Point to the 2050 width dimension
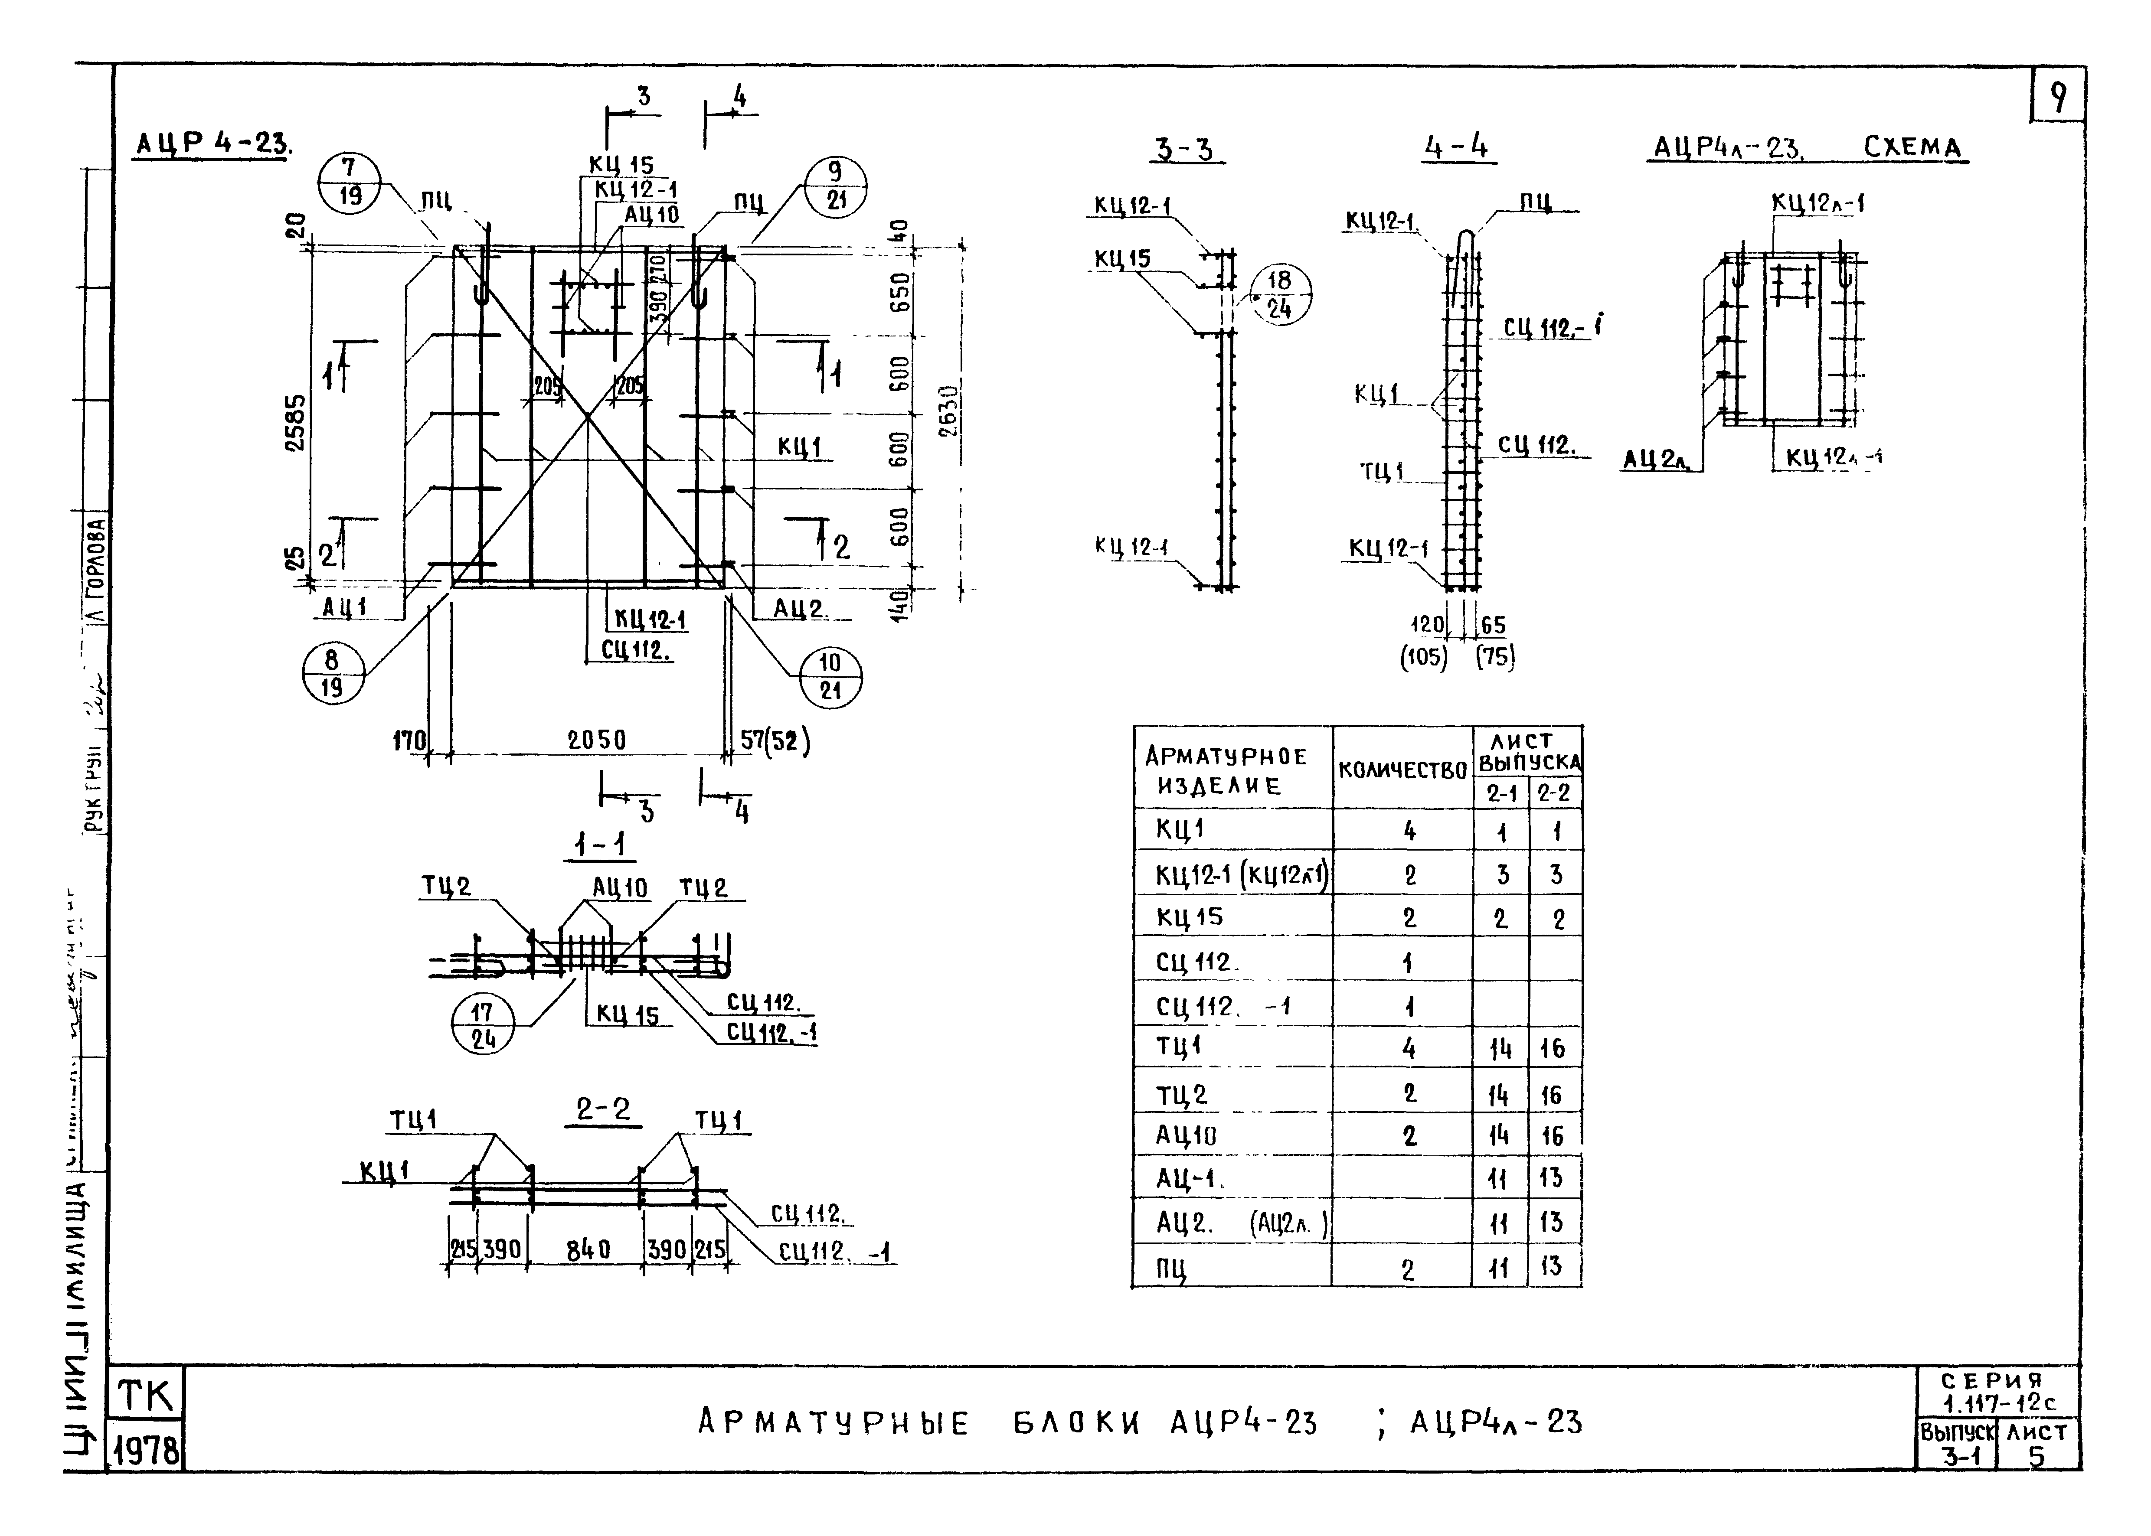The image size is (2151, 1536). (596, 740)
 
